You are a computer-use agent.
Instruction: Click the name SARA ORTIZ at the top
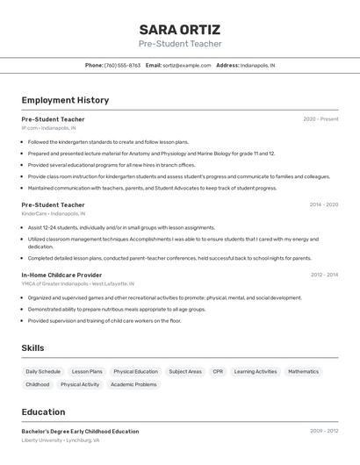tap(180, 29)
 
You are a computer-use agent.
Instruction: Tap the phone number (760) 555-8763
tap(122, 65)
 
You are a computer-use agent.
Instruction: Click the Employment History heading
tap(65, 100)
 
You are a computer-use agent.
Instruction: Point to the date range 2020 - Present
tap(320, 119)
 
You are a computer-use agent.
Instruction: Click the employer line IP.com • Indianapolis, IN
tap(48, 128)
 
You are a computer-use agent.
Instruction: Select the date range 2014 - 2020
tap(323, 204)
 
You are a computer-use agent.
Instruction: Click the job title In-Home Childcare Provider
tap(61, 275)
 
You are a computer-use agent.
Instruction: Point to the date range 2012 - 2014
tap(323, 275)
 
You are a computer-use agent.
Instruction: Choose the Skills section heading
tap(32, 348)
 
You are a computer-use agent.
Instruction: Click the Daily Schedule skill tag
tap(43, 372)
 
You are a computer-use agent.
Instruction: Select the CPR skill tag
tap(218, 372)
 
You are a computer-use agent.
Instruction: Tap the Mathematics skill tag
tap(303, 372)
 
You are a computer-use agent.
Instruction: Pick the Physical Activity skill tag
tap(80, 384)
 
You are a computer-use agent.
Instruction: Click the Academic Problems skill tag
tap(133, 384)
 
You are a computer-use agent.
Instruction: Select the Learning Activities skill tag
tap(256, 372)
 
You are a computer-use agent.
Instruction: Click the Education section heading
tap(43, 411)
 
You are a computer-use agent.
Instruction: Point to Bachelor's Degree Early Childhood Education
tap(80, 432)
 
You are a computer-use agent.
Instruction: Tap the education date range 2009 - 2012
tap(323, 432)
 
